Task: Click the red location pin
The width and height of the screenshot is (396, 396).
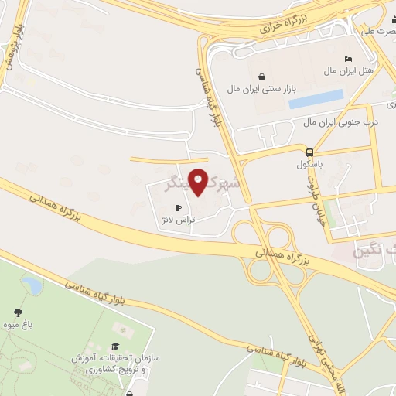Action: click(x=199, y=181)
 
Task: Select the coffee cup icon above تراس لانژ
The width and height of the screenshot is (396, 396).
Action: click(x=179, y=208)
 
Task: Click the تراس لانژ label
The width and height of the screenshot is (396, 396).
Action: click(x=178, y=220)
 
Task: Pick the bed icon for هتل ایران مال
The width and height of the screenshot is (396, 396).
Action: click(x=348, y=60)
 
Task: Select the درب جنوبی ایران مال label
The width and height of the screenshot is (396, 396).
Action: click(x=340, y=121)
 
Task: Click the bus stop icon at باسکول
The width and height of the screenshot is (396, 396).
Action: click(x=310, y=152)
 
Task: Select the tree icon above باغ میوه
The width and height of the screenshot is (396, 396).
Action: click(x=17, y=312)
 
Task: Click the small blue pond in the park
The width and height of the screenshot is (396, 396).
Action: click(x=32, y=285)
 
